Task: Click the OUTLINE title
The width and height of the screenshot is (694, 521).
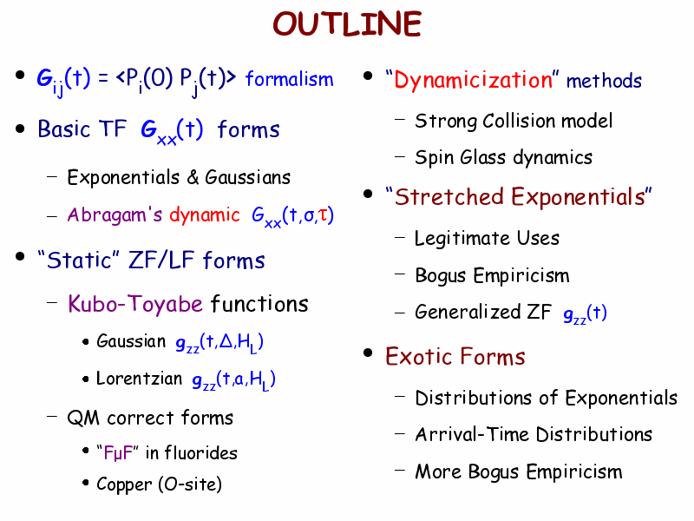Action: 347,23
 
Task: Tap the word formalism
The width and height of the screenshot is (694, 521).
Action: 290,79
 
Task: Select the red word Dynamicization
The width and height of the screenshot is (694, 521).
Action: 473,81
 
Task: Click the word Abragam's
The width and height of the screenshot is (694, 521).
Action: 115,214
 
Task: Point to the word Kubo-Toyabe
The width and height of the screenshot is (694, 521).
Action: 135,304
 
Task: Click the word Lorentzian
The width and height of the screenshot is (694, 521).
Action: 140,379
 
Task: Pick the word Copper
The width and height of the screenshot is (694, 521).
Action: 124,485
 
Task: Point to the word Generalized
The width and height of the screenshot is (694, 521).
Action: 468,312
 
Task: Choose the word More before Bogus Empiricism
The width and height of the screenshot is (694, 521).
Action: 438,472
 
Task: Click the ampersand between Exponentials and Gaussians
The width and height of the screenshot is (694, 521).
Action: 193,178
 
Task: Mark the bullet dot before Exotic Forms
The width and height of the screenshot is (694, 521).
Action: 368,353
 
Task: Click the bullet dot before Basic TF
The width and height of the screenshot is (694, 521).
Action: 20,129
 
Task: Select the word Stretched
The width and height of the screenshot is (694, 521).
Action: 449,197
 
